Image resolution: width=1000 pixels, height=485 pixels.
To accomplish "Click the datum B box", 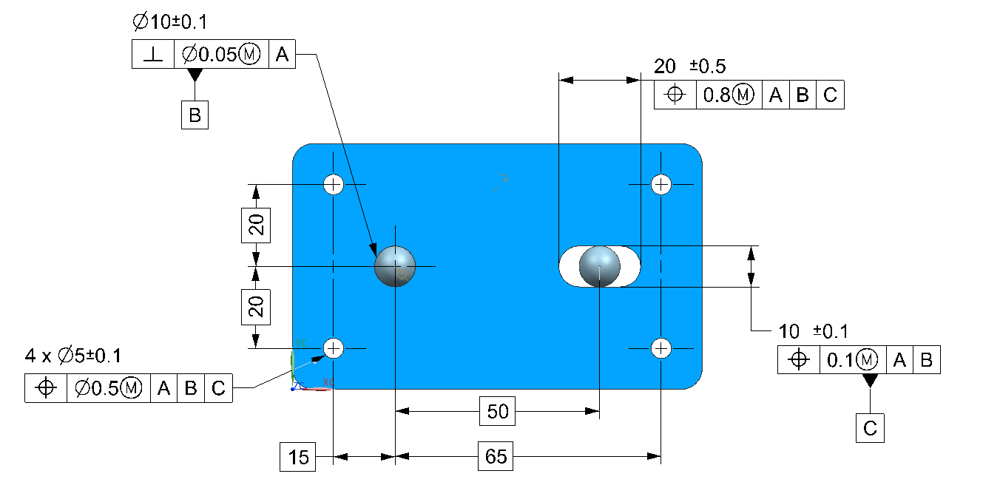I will pos(195,115).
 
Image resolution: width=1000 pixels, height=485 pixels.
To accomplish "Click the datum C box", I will pos(870,428).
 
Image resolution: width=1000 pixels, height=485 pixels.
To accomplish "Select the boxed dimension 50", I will pos(498,411).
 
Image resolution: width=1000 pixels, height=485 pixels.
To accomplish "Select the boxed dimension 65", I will pos(496,457).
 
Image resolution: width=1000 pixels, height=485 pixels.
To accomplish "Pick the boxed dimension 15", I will pos(298,457).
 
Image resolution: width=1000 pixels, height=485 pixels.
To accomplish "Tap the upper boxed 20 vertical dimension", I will pos(256,225).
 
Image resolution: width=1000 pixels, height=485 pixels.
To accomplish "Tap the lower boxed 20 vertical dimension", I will pos(256,306).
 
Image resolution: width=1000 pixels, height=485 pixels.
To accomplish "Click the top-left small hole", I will pos(334,184).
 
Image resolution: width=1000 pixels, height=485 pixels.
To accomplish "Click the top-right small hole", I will pos(661,184).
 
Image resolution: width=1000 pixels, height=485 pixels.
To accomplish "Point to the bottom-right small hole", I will pos(661,347).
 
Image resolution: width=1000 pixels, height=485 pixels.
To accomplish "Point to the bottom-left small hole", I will pos(334,347).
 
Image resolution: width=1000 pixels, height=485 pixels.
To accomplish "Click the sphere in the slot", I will pos(599,266).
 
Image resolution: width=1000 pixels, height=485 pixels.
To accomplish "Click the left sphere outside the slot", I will pos(395,266).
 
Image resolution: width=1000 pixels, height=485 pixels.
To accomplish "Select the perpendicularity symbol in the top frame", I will pos(153,55).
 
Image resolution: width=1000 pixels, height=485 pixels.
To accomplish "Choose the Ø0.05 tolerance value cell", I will pos(221,55).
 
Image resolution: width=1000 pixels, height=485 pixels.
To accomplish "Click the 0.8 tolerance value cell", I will pos(729,95).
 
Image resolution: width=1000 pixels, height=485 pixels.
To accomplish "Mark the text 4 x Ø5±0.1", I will pos(73,356).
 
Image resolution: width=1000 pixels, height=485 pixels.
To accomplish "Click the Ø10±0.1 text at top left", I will pos(169,23).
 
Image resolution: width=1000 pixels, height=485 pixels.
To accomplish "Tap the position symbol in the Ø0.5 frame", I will pos(46,388).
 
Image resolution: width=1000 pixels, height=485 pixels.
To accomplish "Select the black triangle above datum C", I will pos(870,380).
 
